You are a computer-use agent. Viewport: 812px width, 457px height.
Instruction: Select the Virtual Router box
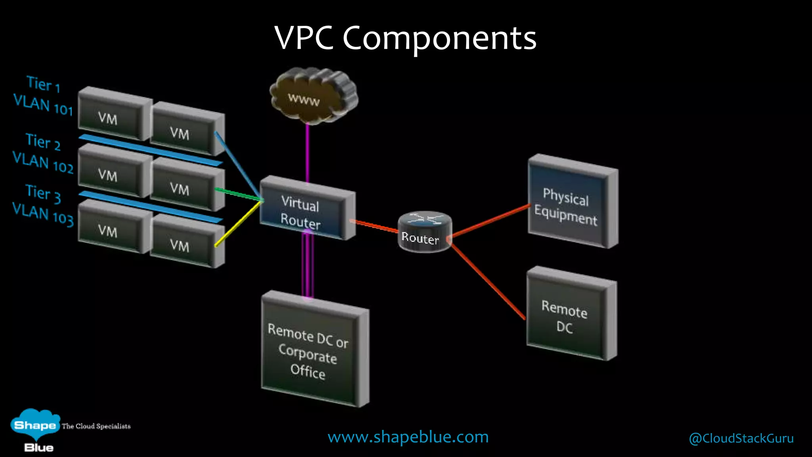point(303,210)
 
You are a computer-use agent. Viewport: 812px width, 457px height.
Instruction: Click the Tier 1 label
point(43,84)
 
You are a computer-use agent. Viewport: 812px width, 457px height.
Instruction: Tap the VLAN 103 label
point(43,214)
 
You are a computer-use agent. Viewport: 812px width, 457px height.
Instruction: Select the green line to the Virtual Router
point(238,194)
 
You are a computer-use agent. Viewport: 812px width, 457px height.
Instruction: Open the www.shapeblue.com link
point(408,437)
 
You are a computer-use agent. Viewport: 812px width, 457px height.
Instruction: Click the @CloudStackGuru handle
point(741,438)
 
